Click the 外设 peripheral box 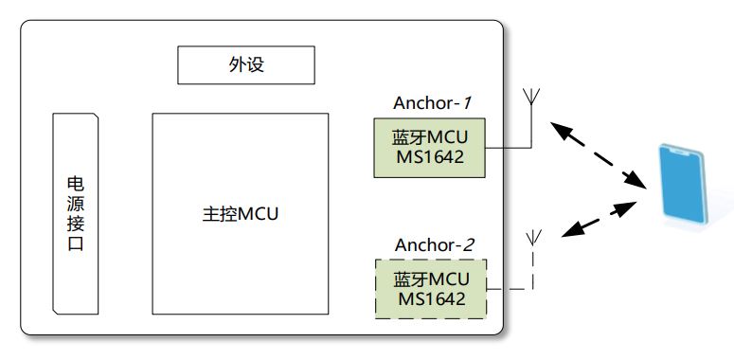(244, 65)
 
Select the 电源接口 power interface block (76, 214)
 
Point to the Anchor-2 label (431, 244)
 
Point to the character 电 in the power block (76, 183)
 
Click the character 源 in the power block (76, 204)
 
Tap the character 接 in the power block (76, 225)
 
